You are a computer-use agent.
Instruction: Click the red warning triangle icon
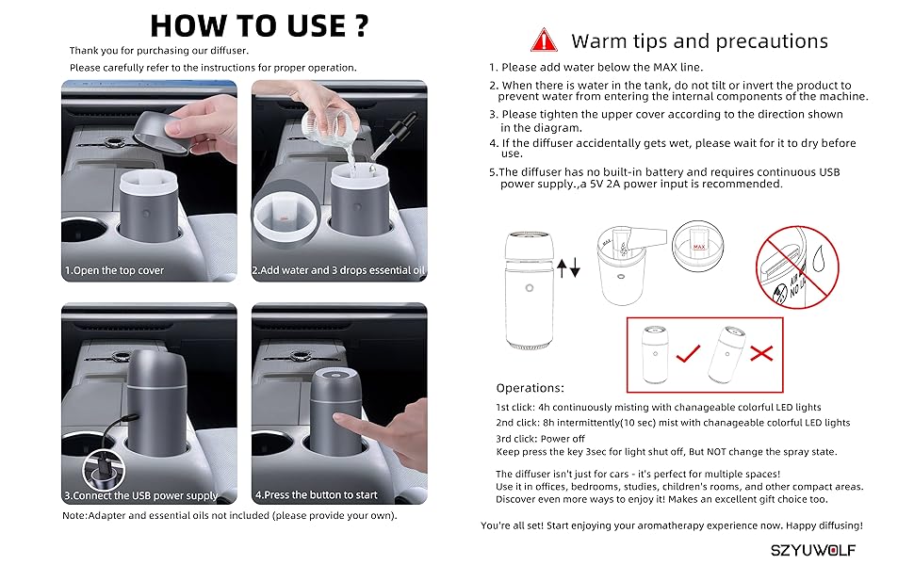click(544, 40)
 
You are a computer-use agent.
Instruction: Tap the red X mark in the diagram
click(760, 354)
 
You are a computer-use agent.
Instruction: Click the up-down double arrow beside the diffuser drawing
click(569, 267)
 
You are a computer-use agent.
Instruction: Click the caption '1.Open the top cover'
click(114, 270)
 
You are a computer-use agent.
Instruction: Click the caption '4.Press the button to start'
click(316, 494)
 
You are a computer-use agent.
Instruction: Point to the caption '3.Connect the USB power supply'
click(141, 494)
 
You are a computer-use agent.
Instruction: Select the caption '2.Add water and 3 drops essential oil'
click(338, 270)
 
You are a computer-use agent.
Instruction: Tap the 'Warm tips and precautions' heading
click(699, 41)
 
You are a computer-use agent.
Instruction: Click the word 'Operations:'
click(530, 388)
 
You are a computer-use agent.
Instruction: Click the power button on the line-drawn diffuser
click(530, 289)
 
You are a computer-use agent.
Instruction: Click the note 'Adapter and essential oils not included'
click(230, 516)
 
